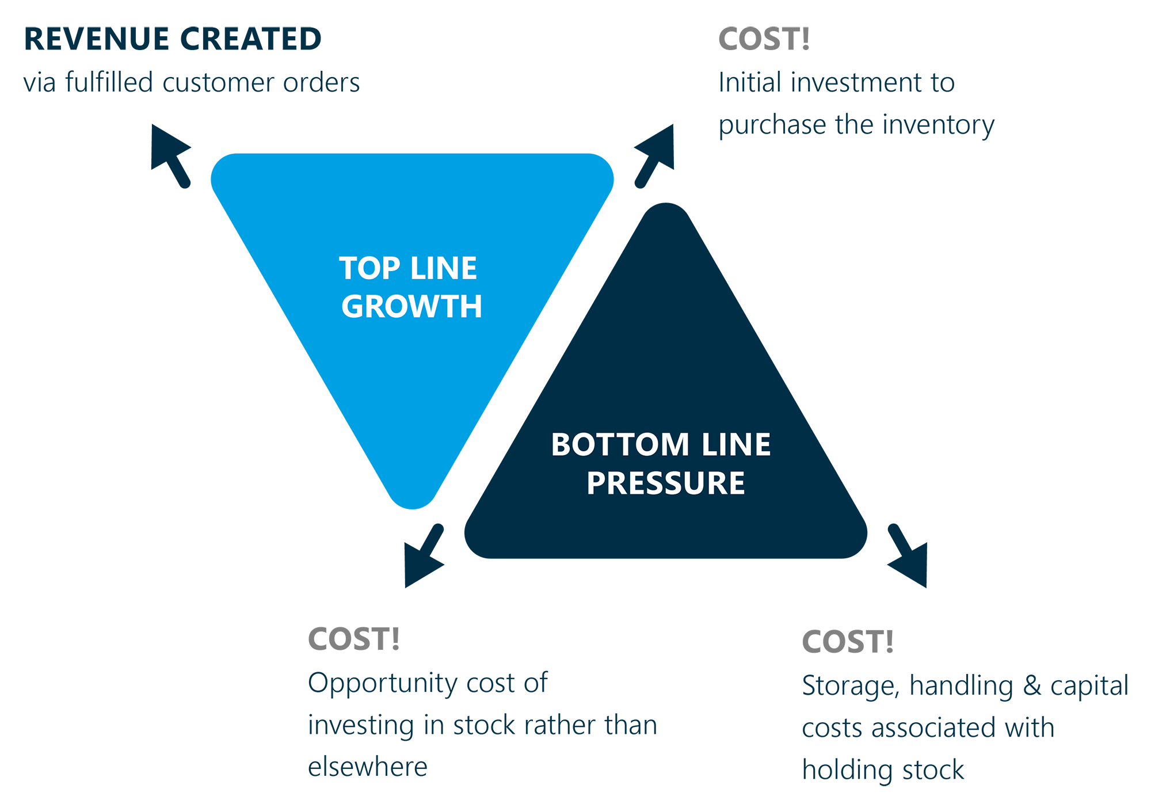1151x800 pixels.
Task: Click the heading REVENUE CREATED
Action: coord(172,39)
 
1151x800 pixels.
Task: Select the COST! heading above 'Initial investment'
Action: coord(764,39)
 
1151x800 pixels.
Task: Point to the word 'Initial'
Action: coord(750,82)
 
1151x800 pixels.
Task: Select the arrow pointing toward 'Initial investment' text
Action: coord(655,153)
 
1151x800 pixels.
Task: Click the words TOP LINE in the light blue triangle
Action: coord(408,268)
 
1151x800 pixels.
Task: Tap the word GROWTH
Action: coord(411,306)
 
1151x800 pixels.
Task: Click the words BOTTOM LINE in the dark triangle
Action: coord(661,444)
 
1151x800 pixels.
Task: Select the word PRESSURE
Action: coord(666,483)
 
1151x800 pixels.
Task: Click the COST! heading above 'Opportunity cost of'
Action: coord(353,639)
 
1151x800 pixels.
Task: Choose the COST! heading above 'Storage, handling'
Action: coord(847,642)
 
